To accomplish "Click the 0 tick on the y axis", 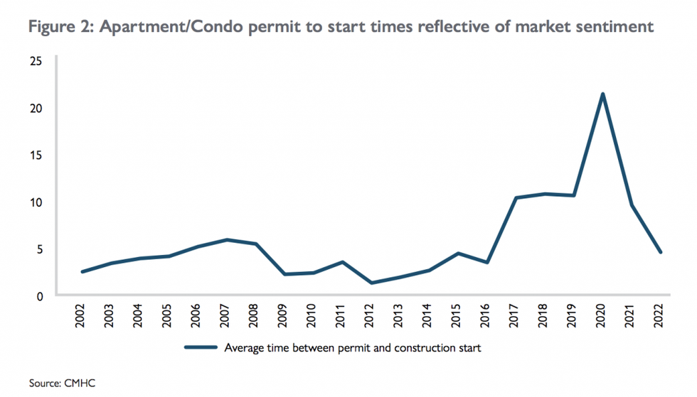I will coord(41,296).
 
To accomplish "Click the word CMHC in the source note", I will coord(80,384).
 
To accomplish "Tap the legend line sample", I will coord(201,348).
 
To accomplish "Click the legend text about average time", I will coord(353,348).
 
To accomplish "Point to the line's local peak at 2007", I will coord(227,239).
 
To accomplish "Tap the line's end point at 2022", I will coord(661,252).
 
